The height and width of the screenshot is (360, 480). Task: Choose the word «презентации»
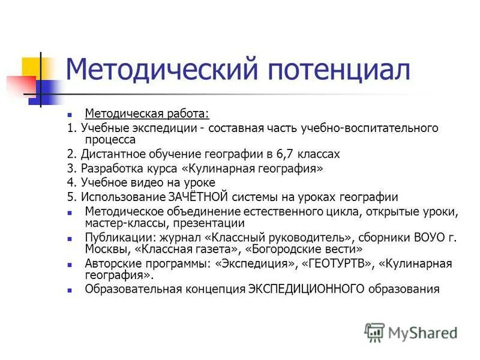201,223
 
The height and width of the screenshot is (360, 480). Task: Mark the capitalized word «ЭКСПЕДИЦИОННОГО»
306,289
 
